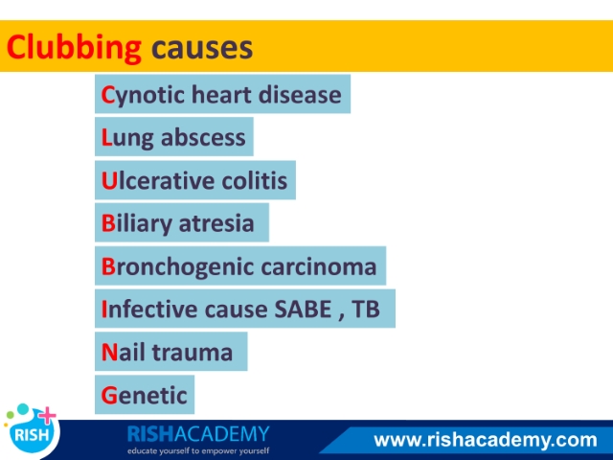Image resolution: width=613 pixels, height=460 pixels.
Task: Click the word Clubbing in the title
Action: [74, 48]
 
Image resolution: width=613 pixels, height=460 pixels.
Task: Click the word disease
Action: [300, 95]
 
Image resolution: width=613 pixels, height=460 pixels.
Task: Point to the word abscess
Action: [203, 137]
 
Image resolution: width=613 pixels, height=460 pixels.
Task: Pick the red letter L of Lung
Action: [106, 137]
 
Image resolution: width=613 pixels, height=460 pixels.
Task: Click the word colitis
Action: [255, 180]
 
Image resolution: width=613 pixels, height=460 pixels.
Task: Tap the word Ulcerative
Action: [157, 180]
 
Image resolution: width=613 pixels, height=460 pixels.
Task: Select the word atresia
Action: [216, 223]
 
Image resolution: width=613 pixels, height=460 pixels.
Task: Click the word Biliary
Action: [136, 223]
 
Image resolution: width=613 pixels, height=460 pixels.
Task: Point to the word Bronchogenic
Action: [176, 267]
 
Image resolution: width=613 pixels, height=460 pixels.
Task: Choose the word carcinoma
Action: [319, 267]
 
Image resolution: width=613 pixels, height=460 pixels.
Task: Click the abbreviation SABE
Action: [303, 309]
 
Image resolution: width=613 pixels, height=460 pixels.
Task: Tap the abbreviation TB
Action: [366, 309]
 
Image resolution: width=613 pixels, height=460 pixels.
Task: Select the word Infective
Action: [149, 309]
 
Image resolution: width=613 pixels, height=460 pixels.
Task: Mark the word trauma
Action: [192, 352]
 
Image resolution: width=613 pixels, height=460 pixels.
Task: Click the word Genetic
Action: [145, 395]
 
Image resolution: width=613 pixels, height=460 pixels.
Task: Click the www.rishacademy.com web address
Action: [486, 440]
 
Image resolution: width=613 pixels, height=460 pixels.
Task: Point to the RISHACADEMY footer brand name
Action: [198, 434]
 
